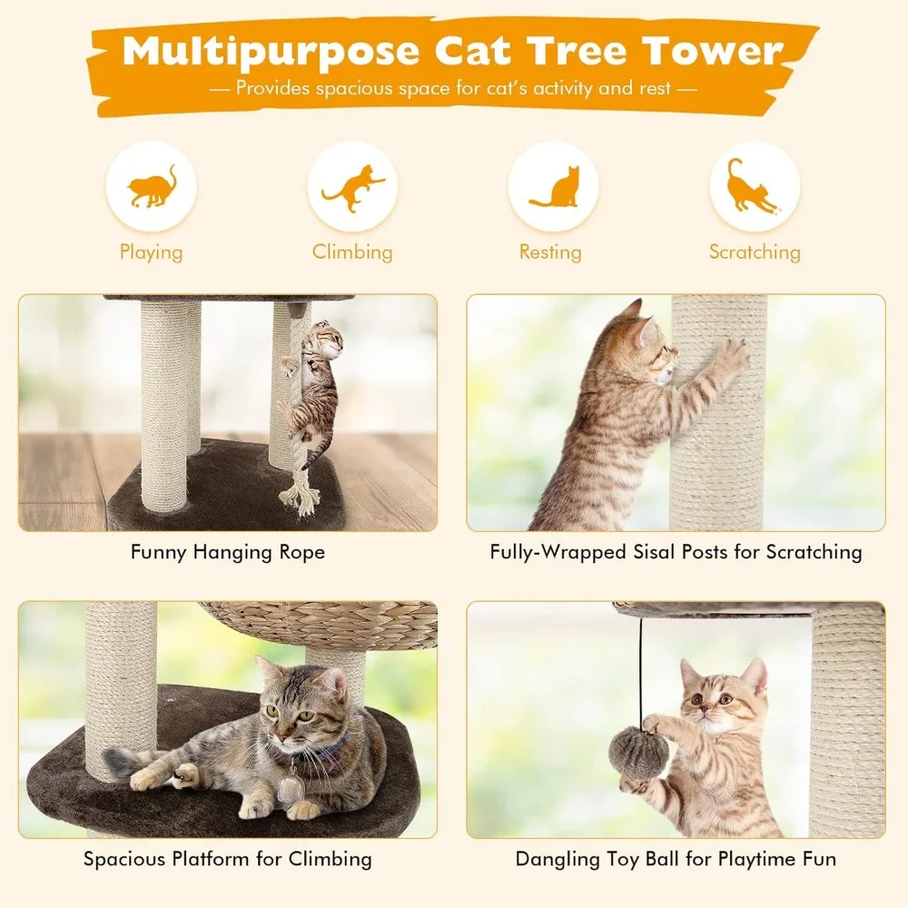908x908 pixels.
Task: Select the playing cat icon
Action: click(151, 187)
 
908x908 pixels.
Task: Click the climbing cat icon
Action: click(352, 187)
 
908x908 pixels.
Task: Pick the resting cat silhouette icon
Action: click(553, 187)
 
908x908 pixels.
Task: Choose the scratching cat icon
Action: click(754, 187)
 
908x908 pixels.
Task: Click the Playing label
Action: click(151, 252)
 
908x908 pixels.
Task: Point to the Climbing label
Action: click(352, 252)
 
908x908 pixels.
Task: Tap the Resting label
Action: click(550, 252)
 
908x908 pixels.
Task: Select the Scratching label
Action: click(755, 252)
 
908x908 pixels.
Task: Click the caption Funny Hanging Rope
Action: click(227, 552)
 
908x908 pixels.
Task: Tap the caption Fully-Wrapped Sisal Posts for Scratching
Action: click(676, 552)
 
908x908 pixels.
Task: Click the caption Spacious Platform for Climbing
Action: click(227, 859)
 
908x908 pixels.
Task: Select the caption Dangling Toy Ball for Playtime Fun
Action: click(676, 859)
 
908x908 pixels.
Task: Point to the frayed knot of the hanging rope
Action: click(300, 495)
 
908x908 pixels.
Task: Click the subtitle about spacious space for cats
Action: click(453, 89)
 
